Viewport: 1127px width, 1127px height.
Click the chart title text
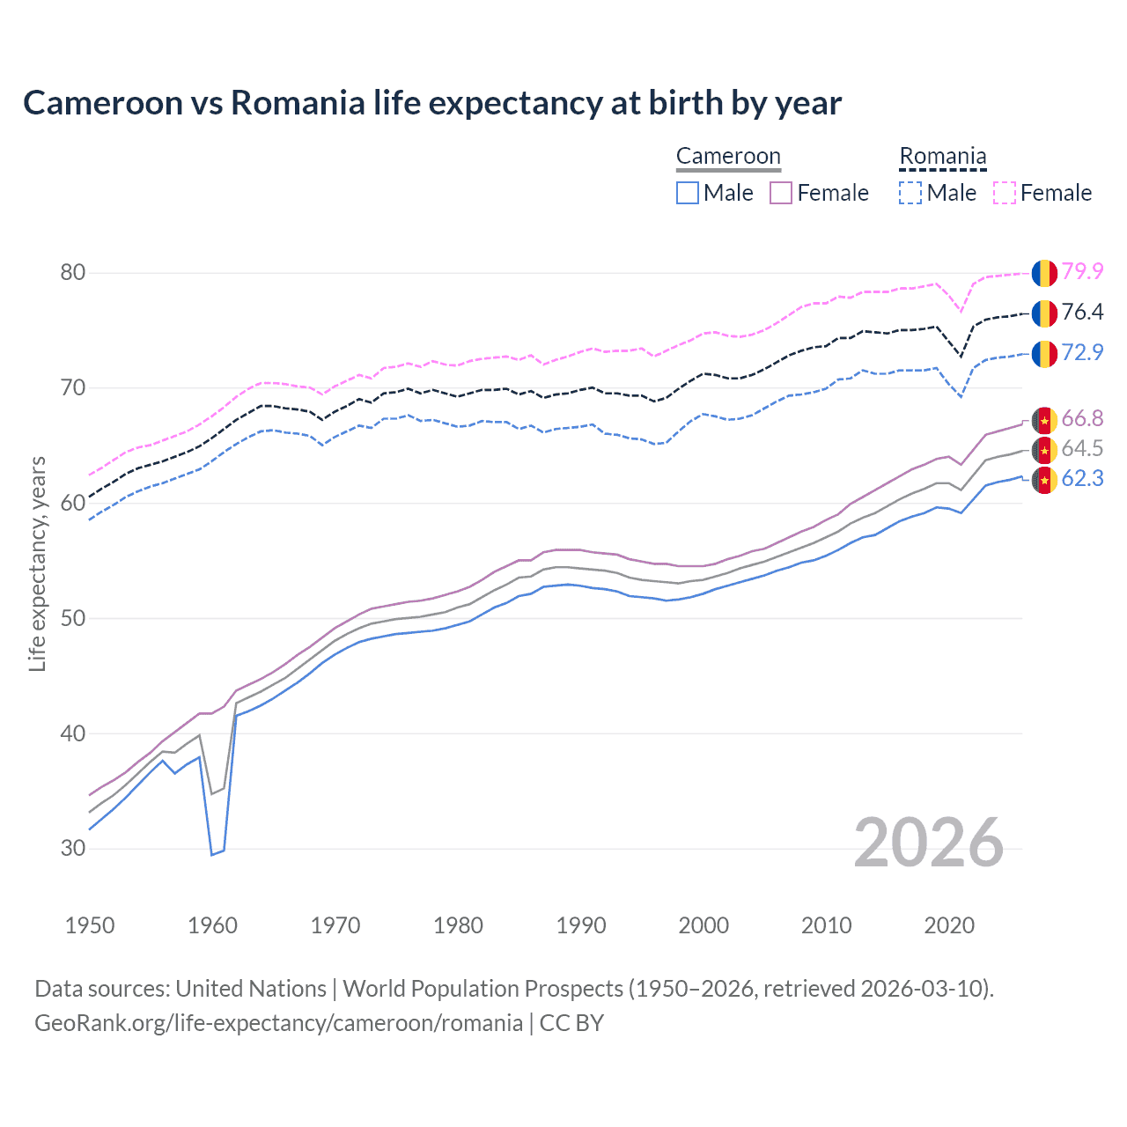432,103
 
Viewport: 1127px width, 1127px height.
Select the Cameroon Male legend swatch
688,193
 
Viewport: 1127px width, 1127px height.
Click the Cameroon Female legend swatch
781,193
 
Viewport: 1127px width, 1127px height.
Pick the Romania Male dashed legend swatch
910,193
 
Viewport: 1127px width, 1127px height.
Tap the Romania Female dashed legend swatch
1005,193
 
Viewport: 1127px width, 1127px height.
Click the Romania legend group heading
942,157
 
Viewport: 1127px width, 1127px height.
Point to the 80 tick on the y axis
73,272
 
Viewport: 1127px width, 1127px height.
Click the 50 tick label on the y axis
73,618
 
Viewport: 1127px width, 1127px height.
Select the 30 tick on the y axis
73,849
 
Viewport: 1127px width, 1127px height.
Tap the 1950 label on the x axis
90,925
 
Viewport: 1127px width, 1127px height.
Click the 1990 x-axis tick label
581,925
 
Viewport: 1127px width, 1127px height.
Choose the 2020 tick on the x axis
949,925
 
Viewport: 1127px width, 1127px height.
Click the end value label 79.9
1082,271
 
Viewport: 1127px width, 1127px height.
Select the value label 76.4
1082,312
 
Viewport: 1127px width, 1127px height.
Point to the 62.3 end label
1082,478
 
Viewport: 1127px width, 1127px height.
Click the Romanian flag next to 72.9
1044,353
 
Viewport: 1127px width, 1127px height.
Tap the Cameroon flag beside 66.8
1044,420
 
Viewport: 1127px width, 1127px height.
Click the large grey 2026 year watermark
929,843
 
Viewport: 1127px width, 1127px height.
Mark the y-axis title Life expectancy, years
38,563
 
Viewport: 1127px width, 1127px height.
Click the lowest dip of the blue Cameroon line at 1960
212,854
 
